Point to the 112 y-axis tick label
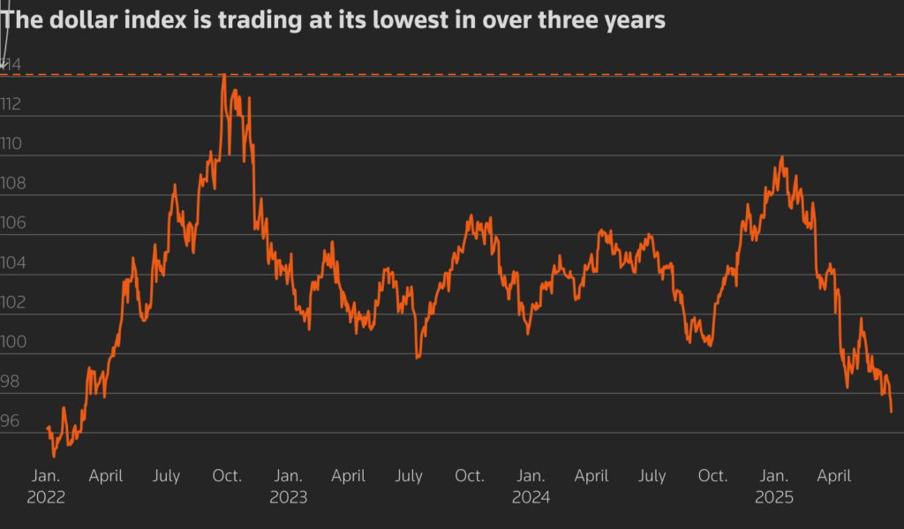11,104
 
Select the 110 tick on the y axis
11,144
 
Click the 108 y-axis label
11,184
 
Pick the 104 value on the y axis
11,263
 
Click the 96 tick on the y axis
10,422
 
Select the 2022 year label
46,497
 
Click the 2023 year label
288,497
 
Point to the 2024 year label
531,497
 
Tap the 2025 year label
773,497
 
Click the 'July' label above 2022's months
166,476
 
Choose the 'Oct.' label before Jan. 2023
227,476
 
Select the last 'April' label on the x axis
833,476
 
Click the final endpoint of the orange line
892,412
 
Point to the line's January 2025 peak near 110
781,158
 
